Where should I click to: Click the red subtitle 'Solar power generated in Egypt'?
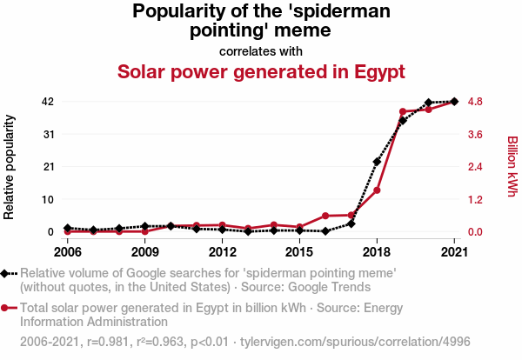click(261, 71)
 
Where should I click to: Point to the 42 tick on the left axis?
click(48, 102)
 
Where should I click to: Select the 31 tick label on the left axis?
click(48, 134)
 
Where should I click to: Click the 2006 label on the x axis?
click(68, 251)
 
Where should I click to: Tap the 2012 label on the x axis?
click(223, 251)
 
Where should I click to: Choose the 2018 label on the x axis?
click(377, 251)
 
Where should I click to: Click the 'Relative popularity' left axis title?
click(10, 166)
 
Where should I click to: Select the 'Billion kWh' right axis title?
click(512, 166)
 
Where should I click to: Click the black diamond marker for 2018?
click(377, 162)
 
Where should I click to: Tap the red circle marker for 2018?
click(377, 190)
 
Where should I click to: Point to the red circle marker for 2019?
click(403, 112)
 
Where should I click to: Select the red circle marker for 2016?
click(325, 216)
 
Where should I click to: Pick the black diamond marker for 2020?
click(428, 103)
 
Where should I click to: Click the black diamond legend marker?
click(8, 273)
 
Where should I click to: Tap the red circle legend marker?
click(8, 307)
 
